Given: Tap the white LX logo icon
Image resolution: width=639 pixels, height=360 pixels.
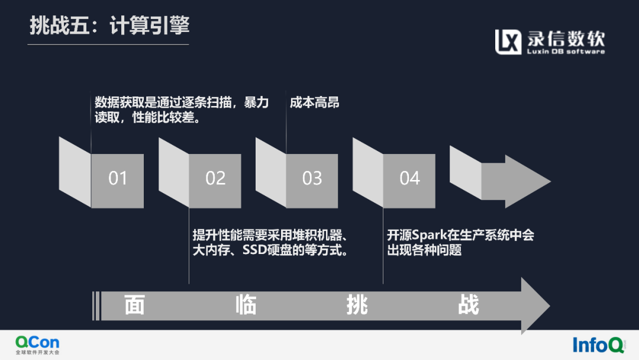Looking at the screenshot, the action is click(508, 41).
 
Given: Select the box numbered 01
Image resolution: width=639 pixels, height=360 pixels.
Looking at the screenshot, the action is click(118, 179).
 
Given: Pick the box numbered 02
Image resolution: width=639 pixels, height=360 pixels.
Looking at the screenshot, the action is click(215, 179).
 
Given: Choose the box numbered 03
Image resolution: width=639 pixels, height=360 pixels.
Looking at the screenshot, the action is click(312, 179).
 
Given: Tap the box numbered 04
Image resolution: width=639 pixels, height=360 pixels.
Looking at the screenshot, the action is click(409, 179).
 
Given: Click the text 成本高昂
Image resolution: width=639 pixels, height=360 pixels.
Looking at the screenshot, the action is click(315, 102).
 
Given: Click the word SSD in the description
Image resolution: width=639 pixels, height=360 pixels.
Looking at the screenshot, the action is click(254, 250).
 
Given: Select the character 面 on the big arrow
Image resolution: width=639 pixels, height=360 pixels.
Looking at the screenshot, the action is click(135, 306).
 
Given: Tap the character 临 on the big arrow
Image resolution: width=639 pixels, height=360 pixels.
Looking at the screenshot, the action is click(246, 306).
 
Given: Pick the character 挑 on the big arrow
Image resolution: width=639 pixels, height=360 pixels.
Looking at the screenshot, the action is click(357, 306).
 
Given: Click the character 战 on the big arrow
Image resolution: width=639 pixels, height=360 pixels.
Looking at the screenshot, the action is click(468, 306).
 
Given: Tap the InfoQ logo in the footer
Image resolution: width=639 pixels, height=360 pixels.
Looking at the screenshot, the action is click(598, 345).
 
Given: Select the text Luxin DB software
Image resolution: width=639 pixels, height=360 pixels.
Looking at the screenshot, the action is click(566, 52).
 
